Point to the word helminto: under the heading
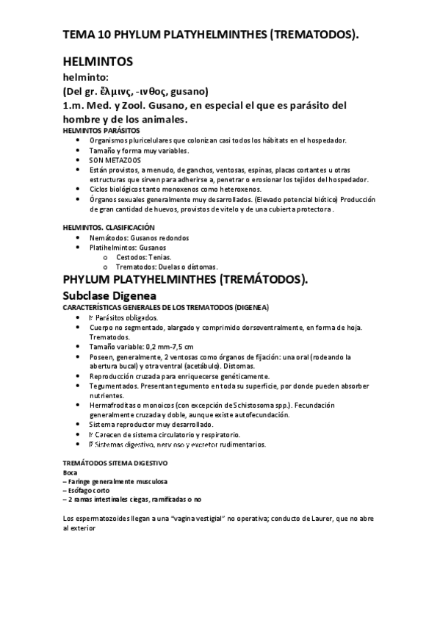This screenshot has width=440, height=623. tap(86, 77)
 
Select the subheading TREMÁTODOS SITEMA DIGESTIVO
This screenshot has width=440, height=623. tap(115, 463)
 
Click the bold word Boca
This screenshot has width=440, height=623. tap(71, 472)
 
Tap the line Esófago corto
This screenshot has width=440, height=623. tap(85, 490)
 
